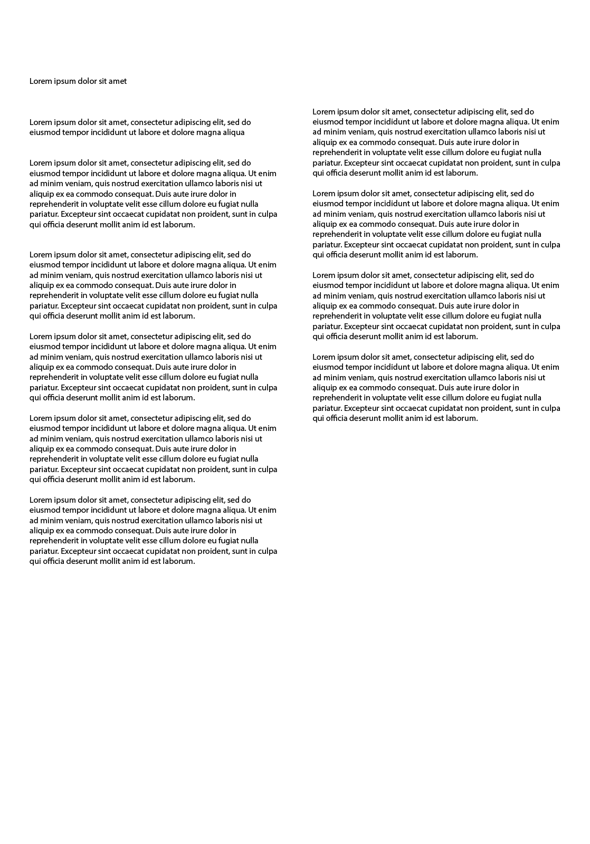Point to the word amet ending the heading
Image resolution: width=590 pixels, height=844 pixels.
pos(118,81)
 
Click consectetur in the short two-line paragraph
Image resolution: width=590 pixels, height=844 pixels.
pos(151,122)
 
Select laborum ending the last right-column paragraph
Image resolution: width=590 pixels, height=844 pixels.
pos(462,418)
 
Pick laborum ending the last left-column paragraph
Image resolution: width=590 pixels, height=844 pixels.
pos(179,561)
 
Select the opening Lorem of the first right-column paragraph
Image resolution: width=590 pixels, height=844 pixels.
pos(323,112)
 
